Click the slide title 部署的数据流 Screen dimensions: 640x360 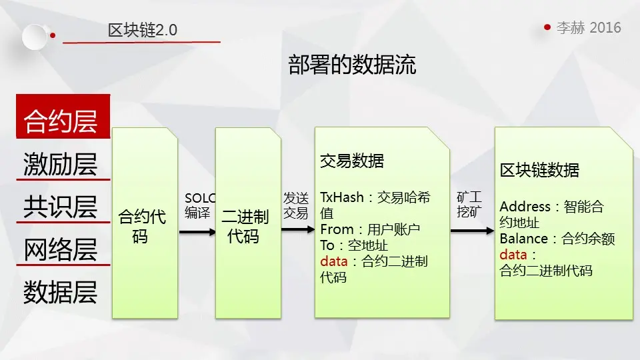coord(352,65)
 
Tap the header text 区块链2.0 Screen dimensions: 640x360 coord(143,31)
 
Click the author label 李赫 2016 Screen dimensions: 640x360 coord(589,27)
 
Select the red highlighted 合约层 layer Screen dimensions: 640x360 coord(61,121)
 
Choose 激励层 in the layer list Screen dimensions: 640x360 coord(61,164)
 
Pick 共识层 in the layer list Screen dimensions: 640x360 coord(61,207)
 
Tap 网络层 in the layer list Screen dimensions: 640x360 coord(61,249)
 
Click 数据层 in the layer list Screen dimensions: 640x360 coord(61,292)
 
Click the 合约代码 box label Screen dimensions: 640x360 coord(142,226)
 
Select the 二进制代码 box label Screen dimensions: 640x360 coord(245,226)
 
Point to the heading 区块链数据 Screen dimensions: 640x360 coord(539,170)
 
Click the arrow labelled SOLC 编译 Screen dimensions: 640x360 coord(198,232)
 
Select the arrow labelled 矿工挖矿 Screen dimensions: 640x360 coord(471,230)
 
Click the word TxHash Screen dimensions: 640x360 coord(342,197)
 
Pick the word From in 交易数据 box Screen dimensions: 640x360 coord(337,229)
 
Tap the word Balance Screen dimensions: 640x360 coord(524,239)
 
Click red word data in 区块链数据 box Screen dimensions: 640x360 coord(513,255)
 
